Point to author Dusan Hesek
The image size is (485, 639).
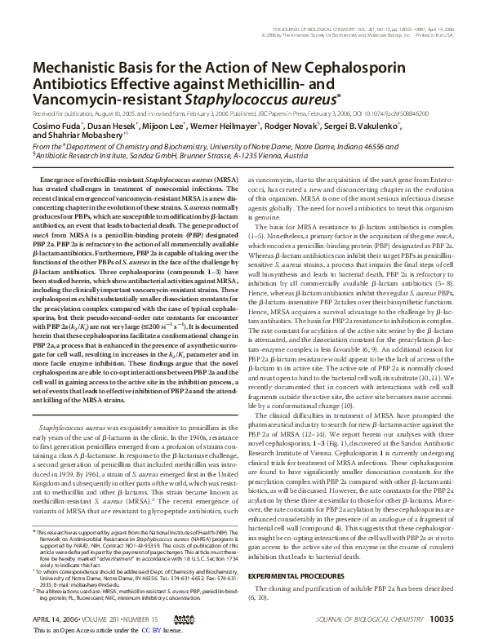[113, 127]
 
